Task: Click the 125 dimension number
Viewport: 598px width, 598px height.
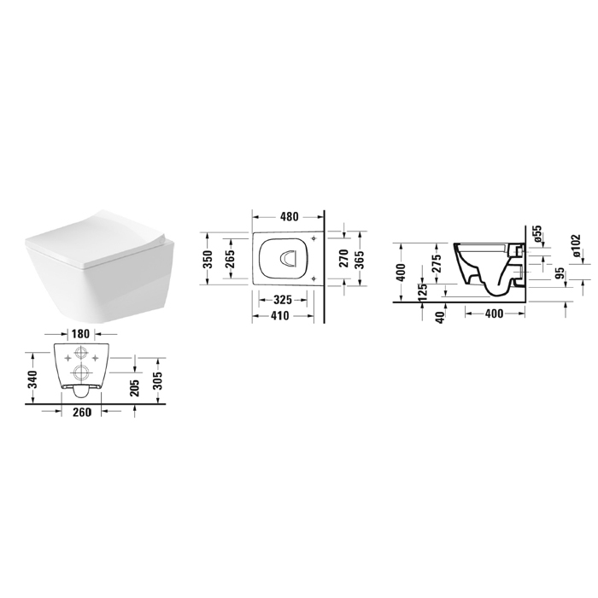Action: tap(422, 292)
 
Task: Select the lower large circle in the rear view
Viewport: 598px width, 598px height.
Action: tap(81, 372)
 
